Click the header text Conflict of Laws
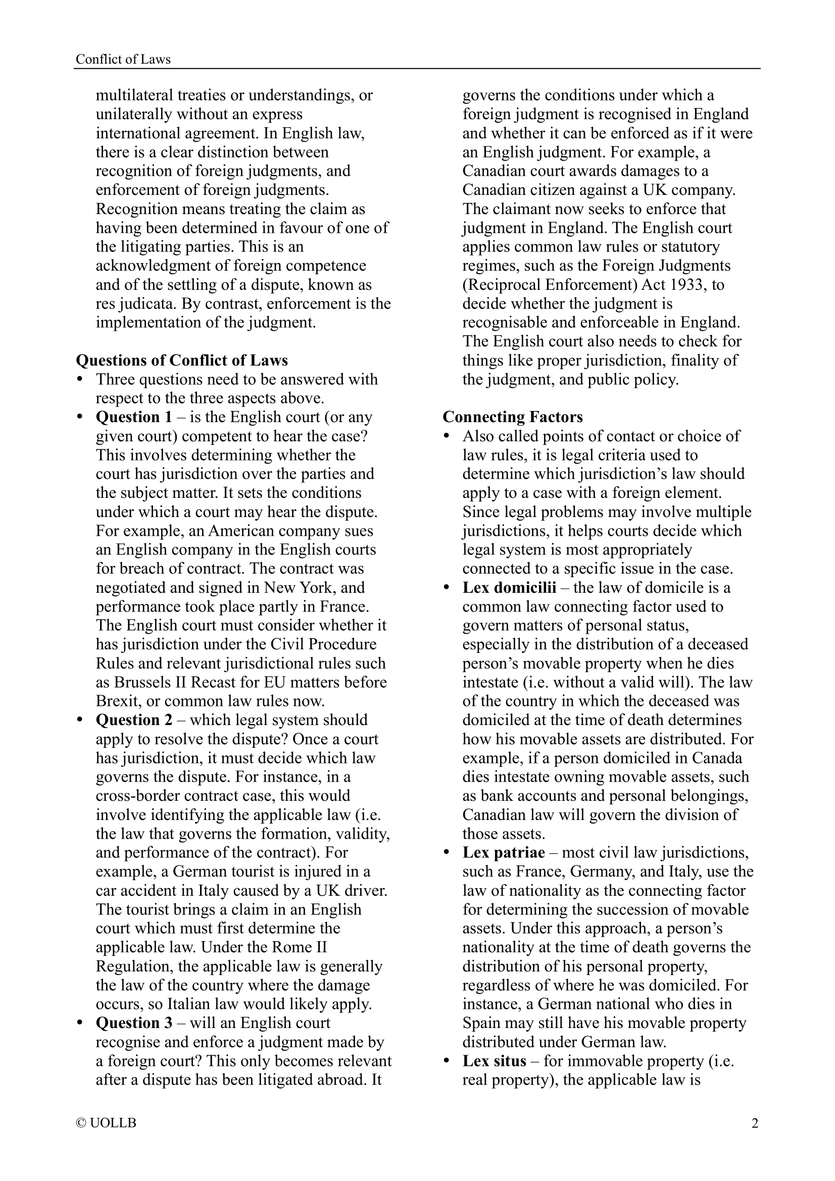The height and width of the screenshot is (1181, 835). [123, 60]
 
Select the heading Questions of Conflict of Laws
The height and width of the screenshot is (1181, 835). [182, 361]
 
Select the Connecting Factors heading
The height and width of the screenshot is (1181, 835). [512, 417]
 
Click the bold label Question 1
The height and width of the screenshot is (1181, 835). [134, 417]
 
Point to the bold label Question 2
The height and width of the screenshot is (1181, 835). [134, 720]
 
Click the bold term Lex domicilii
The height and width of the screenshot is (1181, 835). [509, 587]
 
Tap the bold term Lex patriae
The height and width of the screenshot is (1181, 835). [503, 853]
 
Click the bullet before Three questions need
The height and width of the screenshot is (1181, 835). [79, 380]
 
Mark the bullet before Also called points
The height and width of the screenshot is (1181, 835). [446, 436]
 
